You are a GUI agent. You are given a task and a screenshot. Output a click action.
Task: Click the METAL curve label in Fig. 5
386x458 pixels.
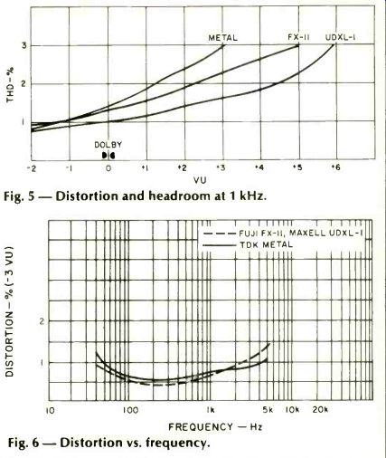223,38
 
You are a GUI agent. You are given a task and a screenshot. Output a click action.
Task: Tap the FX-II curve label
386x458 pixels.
298,37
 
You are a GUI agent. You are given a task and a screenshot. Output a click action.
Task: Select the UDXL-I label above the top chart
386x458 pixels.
341,37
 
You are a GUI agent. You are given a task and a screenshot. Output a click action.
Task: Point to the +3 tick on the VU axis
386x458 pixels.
221,167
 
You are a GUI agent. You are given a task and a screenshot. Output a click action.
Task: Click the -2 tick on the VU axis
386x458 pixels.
32,168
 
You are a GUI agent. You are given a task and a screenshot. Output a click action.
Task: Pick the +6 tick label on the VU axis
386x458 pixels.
335,167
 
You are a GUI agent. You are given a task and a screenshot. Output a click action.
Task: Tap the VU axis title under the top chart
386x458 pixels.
201,180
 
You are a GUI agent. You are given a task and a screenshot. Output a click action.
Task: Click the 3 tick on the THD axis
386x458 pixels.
24,46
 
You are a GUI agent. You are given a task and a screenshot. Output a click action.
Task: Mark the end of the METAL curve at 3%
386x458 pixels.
223,45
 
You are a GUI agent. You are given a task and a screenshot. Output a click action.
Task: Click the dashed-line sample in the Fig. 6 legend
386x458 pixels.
219,234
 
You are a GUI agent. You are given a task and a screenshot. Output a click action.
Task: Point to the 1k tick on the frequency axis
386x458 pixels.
211,410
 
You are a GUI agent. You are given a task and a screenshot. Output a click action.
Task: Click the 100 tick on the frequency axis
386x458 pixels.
130,410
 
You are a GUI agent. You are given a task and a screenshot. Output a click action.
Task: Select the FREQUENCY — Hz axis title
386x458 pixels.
215,427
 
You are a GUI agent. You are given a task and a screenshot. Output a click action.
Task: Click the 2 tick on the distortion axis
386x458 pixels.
42,321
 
